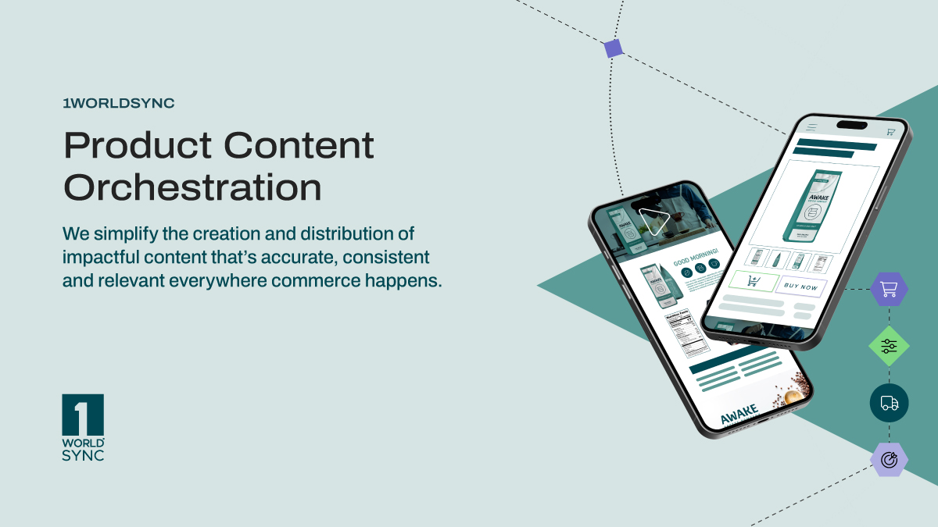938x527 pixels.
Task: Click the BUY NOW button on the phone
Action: (x=800, y=287)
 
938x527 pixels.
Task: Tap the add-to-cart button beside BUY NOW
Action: (x=754, y=282)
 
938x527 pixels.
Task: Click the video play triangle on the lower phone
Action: (x=652, y=221)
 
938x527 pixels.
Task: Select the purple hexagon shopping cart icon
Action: (x=889, y=290)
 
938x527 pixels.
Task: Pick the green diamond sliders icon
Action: (x=889, y=347)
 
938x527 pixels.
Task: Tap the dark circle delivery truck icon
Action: (x=889, y=403)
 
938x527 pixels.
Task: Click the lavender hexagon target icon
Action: (x=889, y=460)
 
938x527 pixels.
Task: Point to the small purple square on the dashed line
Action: (x=614, y=48)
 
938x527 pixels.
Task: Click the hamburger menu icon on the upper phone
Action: (x=812, y=127)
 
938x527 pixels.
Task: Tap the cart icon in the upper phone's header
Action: (x=890, y=132)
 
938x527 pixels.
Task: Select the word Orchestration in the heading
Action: (x=192, y=187)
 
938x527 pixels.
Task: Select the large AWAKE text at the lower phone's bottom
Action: (x=739, y=415)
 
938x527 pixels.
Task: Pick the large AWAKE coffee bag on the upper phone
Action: (x=813, y=205)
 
